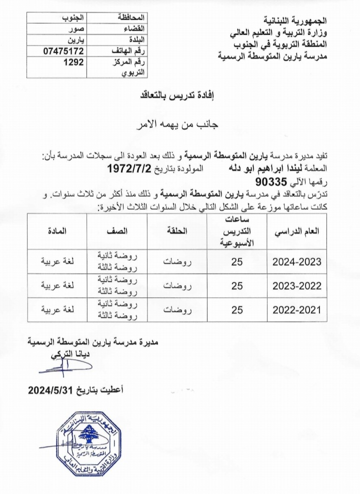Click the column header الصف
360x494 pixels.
click(117, 231)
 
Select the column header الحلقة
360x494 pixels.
click(175, 231)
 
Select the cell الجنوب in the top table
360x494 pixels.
click(73, 19)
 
